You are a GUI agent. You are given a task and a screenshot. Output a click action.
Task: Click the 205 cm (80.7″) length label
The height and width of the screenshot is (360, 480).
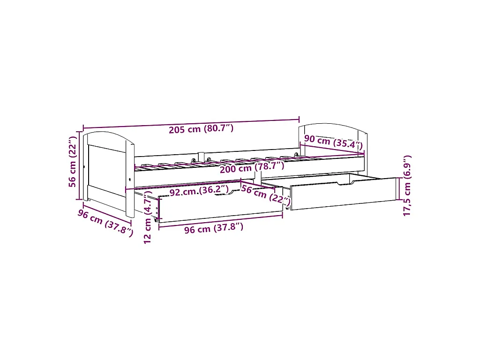click(201, 129)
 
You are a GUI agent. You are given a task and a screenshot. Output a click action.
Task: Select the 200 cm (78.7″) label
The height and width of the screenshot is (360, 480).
click(252, 167)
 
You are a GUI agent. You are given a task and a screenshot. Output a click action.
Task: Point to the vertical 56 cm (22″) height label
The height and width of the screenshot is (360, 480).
click(72, 162)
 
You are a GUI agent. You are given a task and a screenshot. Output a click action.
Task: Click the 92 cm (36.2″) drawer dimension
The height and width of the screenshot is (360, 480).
click(199, 191)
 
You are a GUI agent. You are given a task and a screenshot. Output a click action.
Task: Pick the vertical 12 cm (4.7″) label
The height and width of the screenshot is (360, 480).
click(148, 217)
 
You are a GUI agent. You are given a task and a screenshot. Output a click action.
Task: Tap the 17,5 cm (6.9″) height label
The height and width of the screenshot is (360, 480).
click(407, 186)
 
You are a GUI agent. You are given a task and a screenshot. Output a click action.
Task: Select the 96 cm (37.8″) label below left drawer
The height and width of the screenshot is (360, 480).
click(214, 228)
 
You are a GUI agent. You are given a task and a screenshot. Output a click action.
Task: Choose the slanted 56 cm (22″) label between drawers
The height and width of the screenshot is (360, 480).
click(266, 195)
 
